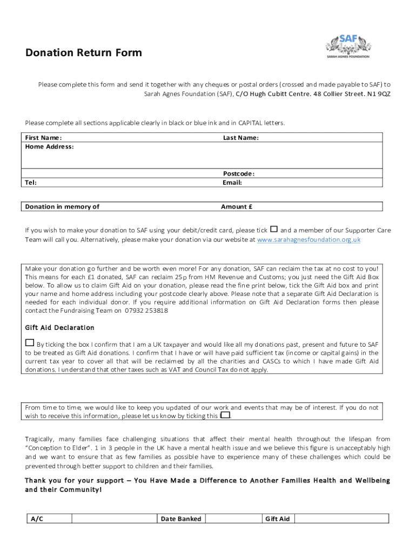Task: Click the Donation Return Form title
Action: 84,53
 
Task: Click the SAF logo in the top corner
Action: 347,45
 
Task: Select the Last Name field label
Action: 241,138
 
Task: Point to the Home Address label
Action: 49,146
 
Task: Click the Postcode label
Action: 239,174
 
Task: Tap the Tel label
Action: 31,183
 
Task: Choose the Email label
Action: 232,183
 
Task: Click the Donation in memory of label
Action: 62,206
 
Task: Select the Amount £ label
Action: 237,206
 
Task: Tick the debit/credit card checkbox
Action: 273,229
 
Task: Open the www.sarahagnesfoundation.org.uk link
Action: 308,239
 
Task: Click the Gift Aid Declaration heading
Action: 59,327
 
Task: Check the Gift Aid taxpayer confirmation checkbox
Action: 29,342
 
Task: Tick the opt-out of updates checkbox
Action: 225,415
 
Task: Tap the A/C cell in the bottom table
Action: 37,519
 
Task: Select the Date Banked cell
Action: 181,519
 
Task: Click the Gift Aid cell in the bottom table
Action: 277,519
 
